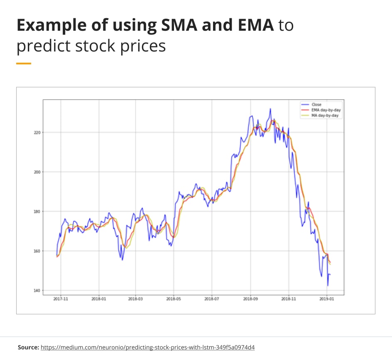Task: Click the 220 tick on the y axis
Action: pyautogui.click(x=37, y=132)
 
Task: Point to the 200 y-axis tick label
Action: pyautogui.click(x=37, y=172)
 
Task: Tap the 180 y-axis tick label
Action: pyautogui.click(x=37, y=211)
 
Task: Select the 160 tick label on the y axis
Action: pyautogui.click(x=37, y=251)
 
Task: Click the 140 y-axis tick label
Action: pyautogui.click(x=37, y=290)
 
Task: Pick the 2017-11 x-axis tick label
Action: pyautogui.click(x=61, y=299)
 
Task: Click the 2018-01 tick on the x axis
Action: pyautogui.click(x=99, y=299)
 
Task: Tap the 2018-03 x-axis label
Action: pyautogui.click(x=136, y=299)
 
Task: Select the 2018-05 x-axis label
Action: pyautogui.click(x=174, y=299)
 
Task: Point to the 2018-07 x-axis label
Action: pyautogui.click(x=212, y=299)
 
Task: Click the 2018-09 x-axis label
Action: pyautogui.click(x=250, y=299)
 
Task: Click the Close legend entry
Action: pyautogui.click(x=316, y=105)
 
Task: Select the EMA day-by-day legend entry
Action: pyautogui.click(x=326, y=110)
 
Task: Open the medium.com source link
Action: pyautogui.click(x=148, y=347)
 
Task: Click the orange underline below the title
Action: pyautogui.click(x=24, y=64)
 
